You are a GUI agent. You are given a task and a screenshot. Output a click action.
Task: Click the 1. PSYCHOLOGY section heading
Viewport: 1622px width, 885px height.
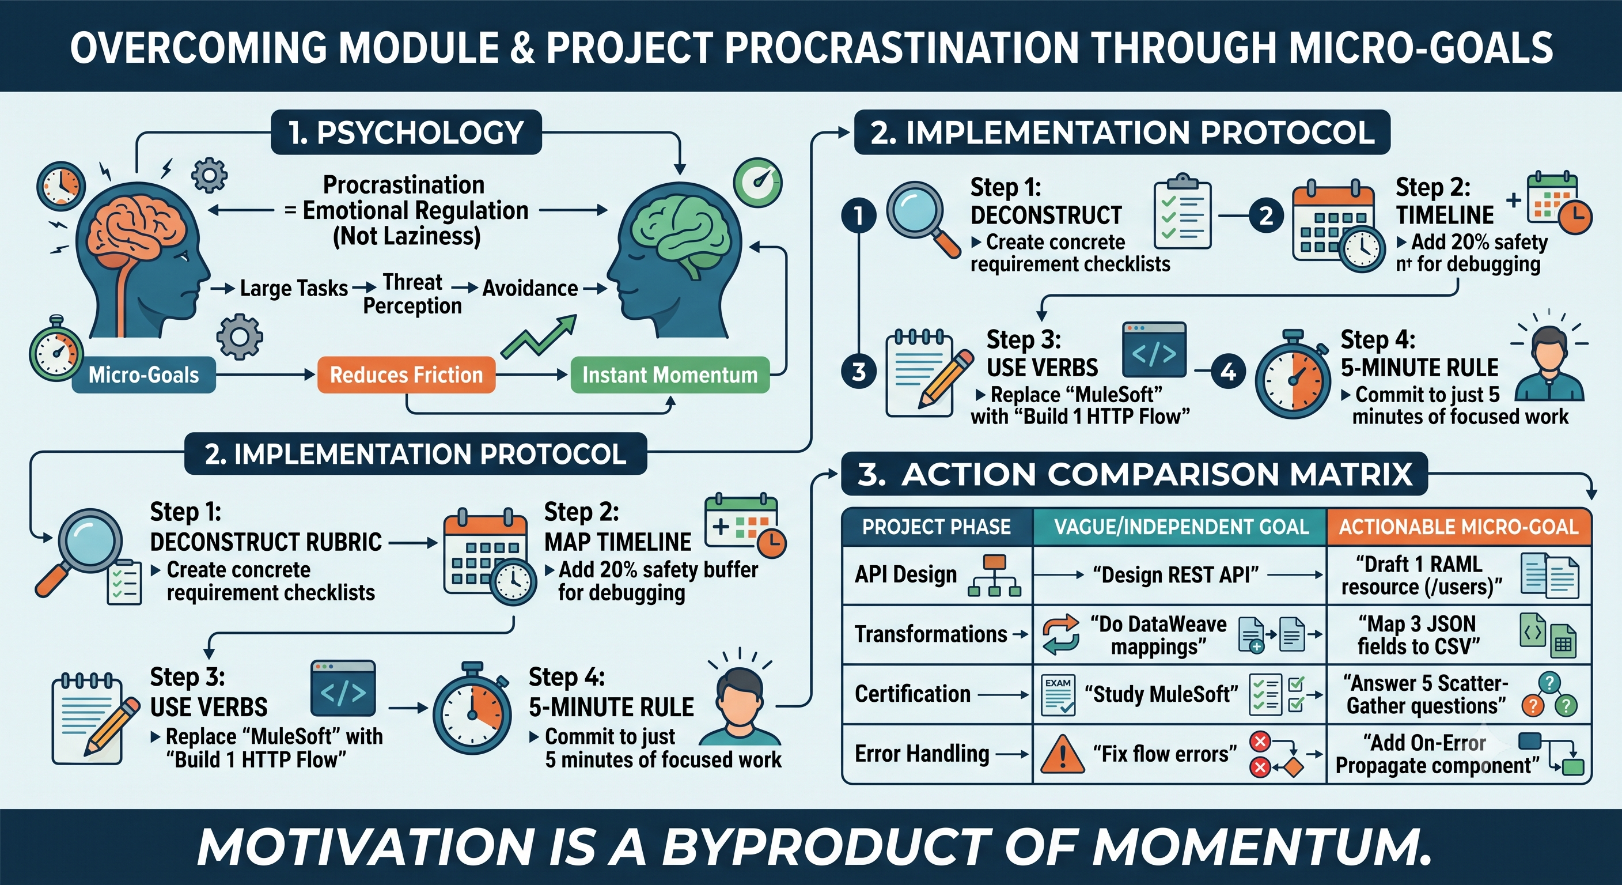click(x=406, y=133)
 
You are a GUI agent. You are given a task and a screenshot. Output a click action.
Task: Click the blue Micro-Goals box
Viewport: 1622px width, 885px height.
click(x=143, y=375)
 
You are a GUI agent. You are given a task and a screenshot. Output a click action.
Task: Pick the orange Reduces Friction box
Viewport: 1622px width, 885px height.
click(x=406, y=375)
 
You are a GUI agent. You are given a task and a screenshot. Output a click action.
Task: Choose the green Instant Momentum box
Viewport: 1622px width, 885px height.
click(x=670, y=375)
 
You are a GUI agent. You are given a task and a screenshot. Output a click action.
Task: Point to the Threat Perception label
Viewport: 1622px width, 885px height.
click(x=412, y=293)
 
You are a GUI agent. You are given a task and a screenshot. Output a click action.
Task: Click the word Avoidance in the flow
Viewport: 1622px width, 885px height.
click(x=530, y=288)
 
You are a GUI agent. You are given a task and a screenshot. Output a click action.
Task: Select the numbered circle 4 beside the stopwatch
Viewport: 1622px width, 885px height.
click(x=1229, y=372)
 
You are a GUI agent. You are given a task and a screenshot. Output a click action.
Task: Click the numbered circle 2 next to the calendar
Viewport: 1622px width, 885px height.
click(x=1266, y=216)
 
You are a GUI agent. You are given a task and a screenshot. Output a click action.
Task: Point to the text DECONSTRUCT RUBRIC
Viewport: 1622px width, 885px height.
click(x=266, y=542)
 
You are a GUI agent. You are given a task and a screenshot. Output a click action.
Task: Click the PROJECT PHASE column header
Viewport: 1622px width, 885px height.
click(x=937, y=527)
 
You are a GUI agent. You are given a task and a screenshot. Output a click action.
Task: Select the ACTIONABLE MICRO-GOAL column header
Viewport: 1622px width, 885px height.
click(x=1458, y=527)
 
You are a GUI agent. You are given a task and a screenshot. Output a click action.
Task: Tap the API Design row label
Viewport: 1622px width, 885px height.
click(x=905, y=574)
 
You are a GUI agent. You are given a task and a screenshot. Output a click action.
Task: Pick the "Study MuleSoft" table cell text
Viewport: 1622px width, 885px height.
click(x=1161, y=694)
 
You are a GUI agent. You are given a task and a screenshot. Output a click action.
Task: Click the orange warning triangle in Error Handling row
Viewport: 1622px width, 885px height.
click(x=1062, y=755)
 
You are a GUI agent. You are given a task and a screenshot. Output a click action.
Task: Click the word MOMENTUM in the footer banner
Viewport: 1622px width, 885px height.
click(x=1257, y=846)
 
